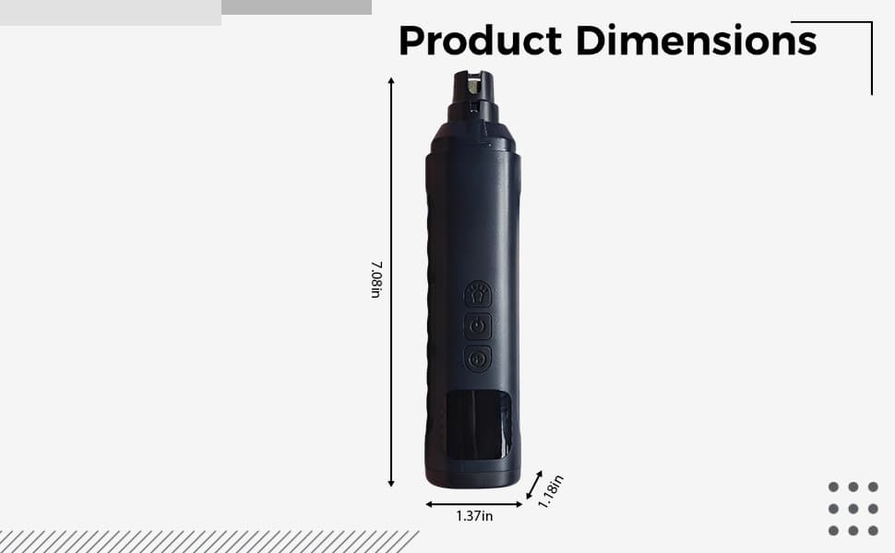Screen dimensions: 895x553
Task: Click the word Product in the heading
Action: click(480, 41)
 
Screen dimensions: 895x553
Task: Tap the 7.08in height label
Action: click(376, 279)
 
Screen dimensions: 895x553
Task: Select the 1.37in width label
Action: click(474, 516)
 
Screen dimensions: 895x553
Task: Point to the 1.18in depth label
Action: click(550, 491)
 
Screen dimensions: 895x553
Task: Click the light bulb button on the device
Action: click(478, 294)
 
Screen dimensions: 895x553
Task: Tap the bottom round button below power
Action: click(478, 359)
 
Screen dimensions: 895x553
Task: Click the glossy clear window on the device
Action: click(477, 425)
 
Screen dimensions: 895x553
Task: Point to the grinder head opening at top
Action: click(473, 86)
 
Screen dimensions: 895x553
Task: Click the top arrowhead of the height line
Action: click(391, 80)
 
